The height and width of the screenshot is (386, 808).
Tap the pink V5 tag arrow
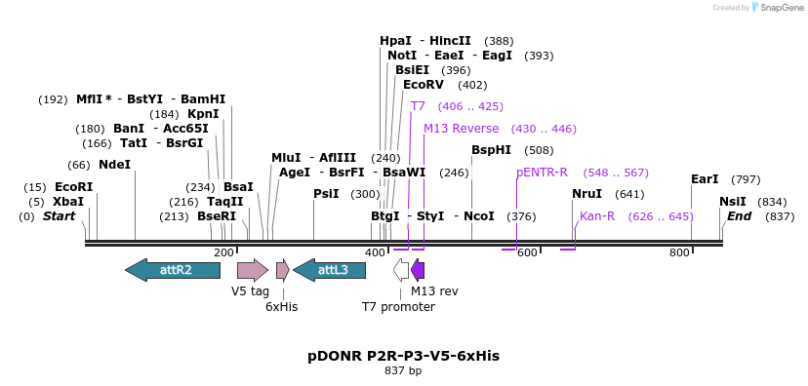coord(253,270)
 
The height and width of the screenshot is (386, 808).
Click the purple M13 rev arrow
coord(418,270)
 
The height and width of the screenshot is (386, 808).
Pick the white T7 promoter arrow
coord(401,270)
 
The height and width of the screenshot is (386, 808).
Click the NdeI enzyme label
coord(114,165)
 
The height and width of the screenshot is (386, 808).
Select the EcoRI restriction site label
coord(73,187)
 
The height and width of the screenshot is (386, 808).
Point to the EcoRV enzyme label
coord(423,85)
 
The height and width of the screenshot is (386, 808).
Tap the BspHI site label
coord(491,150)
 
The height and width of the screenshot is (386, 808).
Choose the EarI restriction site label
coord(704,179)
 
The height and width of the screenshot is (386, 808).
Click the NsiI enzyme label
coord(732,202)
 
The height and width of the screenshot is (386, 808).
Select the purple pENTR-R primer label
coord(542,173)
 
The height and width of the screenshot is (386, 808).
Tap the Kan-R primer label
coord(597,216)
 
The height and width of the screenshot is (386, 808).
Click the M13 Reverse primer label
coord(461,129)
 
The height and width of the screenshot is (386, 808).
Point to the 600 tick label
coord(527,253)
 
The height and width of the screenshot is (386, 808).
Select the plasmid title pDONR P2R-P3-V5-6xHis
coord(403,356)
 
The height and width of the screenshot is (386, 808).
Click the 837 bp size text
coord(403,371)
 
